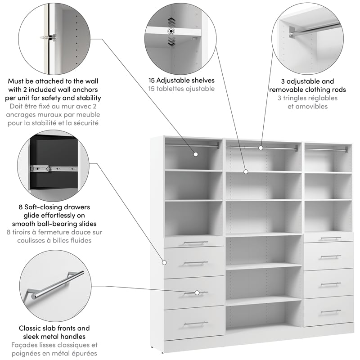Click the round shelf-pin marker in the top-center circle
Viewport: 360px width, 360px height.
tap(171, 31)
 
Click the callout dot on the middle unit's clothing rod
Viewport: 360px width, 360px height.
tap(261, 148)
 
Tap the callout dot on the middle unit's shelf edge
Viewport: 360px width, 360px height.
tap(246, 171)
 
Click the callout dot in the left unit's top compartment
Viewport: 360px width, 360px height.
tap(196, 154)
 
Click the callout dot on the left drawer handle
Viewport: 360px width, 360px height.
tap(197, 292)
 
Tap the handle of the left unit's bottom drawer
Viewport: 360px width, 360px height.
tap(196, 323)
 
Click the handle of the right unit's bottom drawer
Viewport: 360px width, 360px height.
tap(330, 311)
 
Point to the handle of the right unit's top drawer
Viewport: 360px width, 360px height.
tap(330, 238)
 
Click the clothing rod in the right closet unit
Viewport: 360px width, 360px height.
tap(327, 148)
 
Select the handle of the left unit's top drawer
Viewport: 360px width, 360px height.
tap(196, 243)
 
